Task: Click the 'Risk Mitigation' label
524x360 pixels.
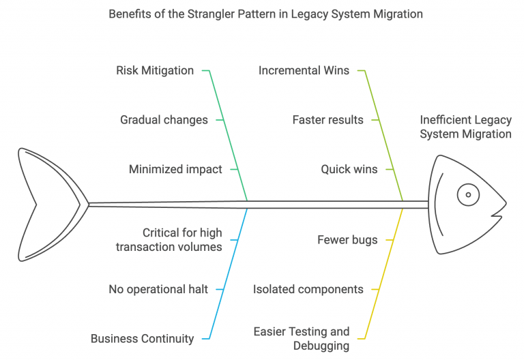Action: pos(155,70)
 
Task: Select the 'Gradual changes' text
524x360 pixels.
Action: pos(164,119)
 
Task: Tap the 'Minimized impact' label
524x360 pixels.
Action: pos(175,169)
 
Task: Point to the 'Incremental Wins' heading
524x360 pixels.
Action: pos(304,70)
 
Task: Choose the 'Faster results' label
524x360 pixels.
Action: pos(327,119)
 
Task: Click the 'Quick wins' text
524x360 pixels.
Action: pos(349,169)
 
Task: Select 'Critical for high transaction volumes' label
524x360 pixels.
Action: pos(169,240)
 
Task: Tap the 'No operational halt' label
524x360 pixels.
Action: pos(158,289)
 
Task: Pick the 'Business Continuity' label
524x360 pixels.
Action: pos(142,338)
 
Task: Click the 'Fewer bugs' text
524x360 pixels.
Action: pos(346,240)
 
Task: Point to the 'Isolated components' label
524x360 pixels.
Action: pos(308,289)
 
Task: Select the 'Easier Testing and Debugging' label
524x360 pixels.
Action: pos(302,338)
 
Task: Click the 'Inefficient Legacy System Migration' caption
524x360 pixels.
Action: pos(465,127)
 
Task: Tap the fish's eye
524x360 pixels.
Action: pos(468,194)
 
